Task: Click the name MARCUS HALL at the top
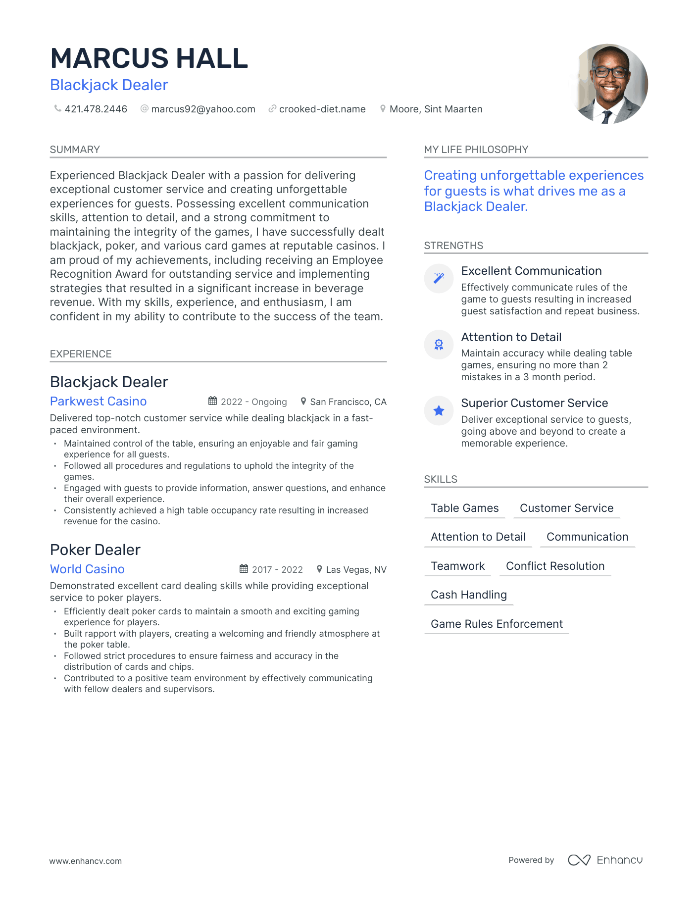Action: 149,58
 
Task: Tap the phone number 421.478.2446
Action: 96,109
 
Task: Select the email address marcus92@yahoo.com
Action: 203,109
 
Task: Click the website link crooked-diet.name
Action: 322,109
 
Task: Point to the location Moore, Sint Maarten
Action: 436,109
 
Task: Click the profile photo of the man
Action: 608,84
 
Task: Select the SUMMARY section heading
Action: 75,150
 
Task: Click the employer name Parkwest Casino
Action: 98,401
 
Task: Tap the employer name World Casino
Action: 87,569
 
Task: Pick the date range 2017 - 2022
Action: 277,569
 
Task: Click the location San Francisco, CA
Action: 348,402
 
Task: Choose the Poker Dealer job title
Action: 95,550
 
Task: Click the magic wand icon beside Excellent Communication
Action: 439,278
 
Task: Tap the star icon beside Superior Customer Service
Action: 439,410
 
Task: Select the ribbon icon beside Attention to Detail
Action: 439,345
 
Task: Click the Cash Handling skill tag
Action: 468,595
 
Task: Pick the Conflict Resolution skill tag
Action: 555,566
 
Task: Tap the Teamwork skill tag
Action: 457,566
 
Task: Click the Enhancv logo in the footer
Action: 605,860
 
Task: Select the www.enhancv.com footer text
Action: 85,861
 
